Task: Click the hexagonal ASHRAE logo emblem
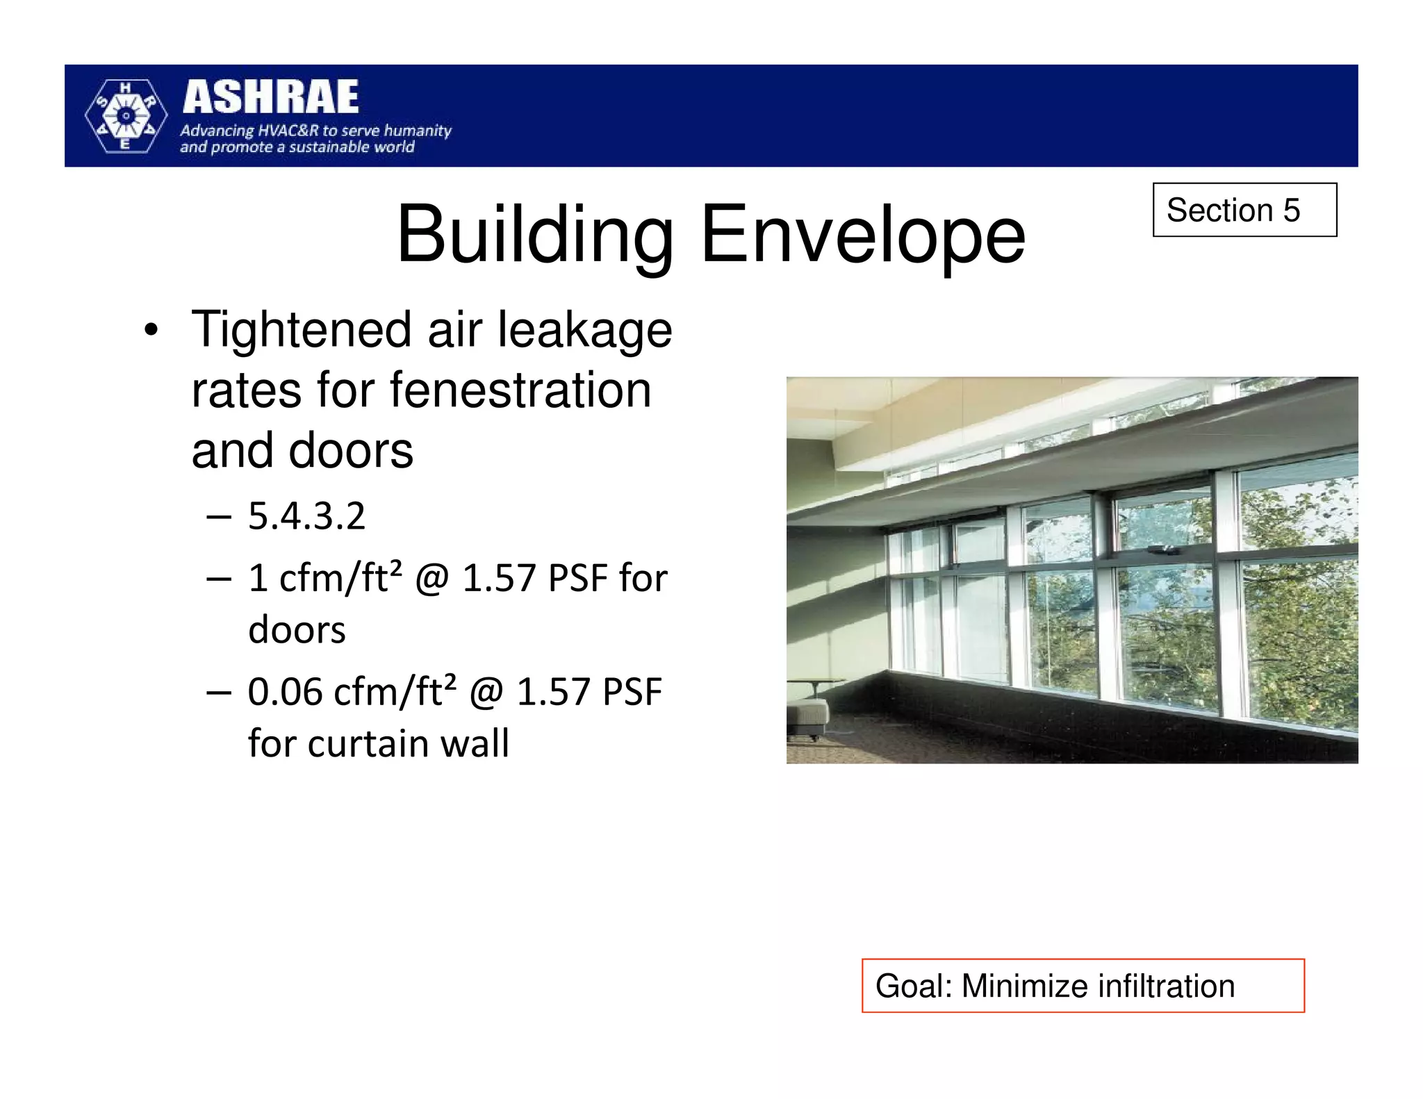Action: click(x=126, y=116)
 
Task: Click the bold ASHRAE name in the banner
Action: click(x=270, y=97)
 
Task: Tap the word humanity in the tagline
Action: click(x=418, y=131)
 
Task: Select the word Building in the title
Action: click(x=534, y=234)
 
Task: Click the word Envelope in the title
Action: click(x=862, y=234)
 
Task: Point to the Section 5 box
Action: click(x=1244, y=210)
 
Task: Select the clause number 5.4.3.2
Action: click(x=306, y=516)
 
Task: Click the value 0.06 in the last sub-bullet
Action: click(x=285, y=692)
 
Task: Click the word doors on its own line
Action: click(x=297, y=630)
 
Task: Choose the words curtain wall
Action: click(x=409, y=743)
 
